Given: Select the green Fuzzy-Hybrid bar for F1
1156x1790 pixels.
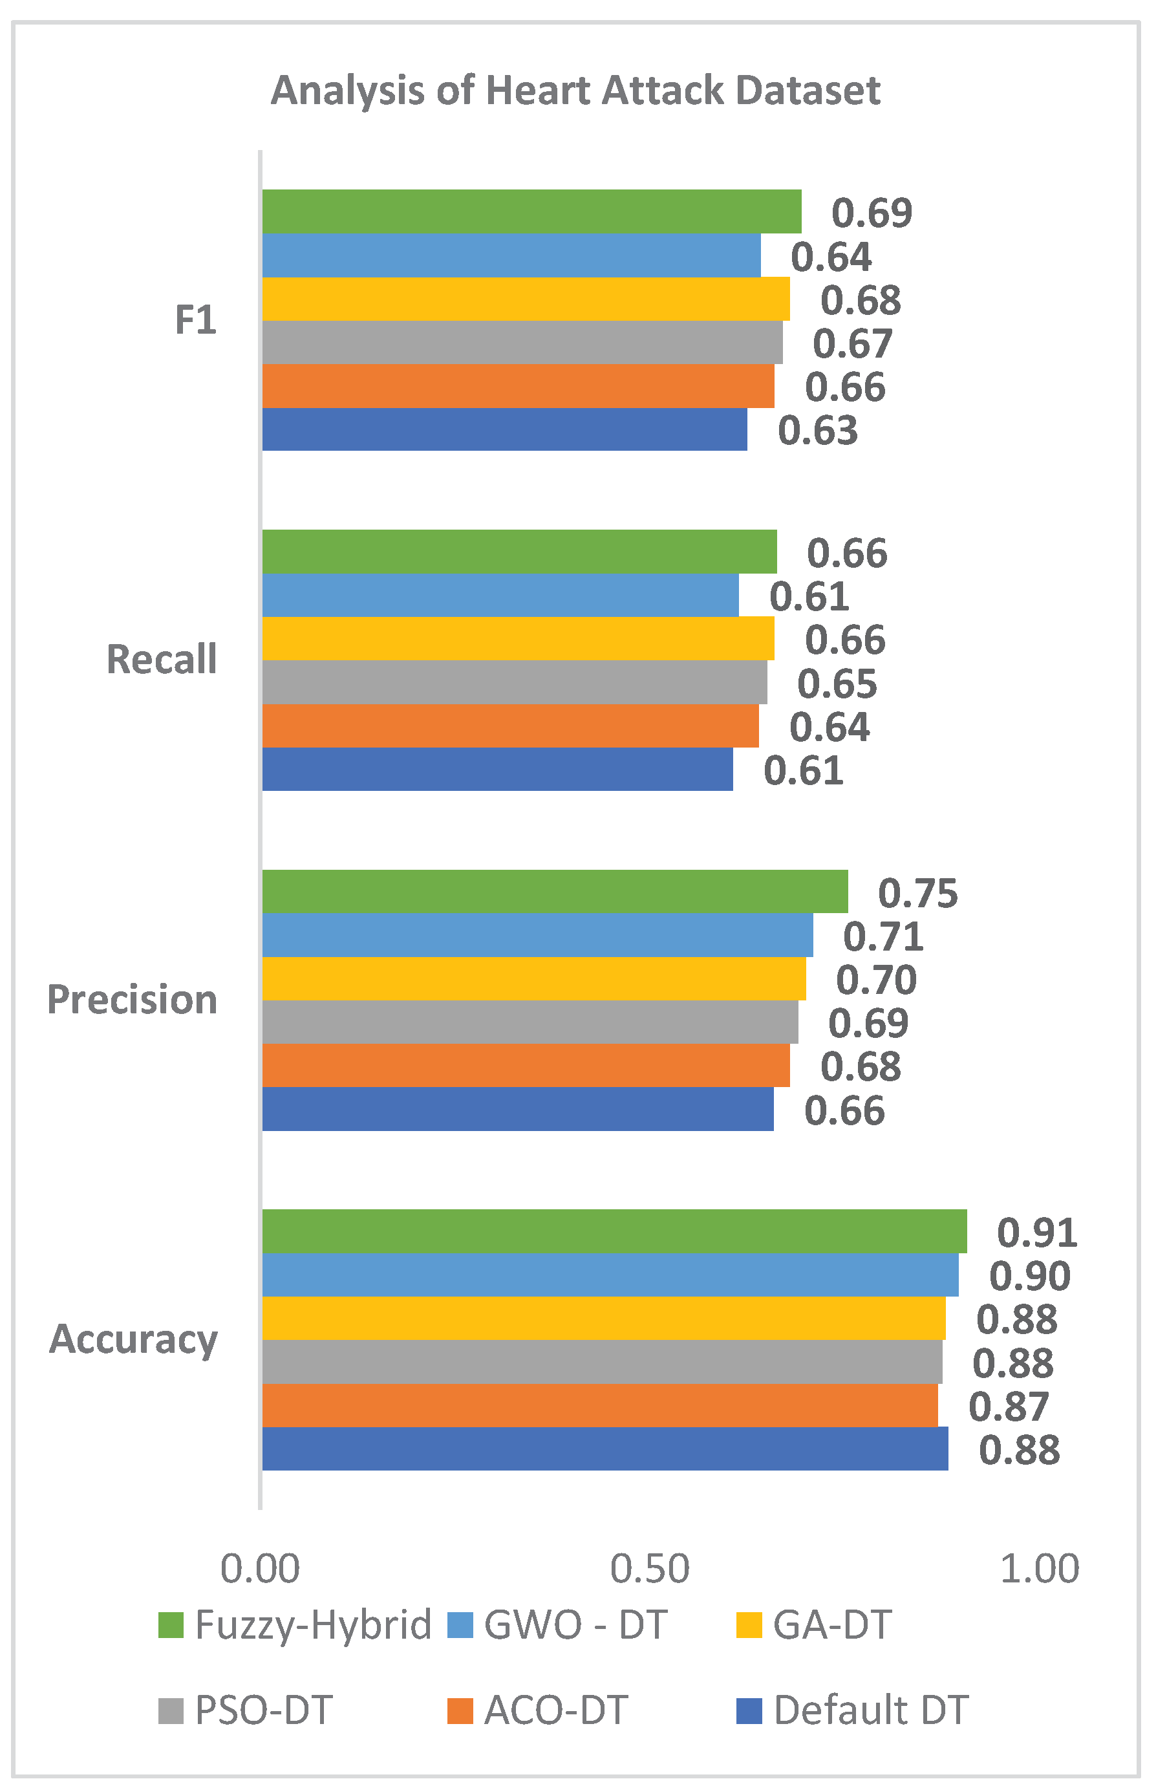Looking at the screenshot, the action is pos(531,211).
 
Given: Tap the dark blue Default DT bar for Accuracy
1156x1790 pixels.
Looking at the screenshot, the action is pos(605,1449).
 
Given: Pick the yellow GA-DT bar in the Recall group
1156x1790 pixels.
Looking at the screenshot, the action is pos(518,639).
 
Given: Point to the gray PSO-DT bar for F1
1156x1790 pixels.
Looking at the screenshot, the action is pos(522,342).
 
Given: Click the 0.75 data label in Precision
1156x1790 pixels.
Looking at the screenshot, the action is pos(918,894).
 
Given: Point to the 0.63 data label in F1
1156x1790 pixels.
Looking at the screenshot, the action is pos(817,431).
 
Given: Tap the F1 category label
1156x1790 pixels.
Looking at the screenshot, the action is pos(196,320).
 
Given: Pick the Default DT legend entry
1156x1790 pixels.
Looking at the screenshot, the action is pos(853,1710).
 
